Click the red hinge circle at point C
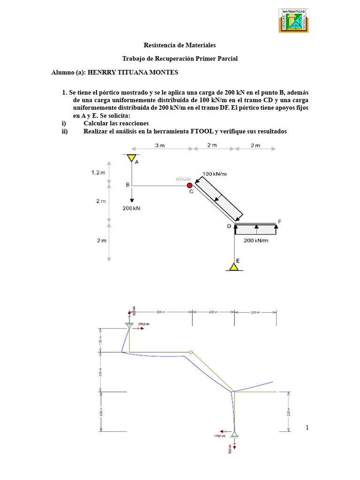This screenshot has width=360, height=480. [x=190, y=186]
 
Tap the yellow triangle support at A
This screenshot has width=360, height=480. [x=132, y=157]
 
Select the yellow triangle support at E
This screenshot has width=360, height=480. [x=233, y=267]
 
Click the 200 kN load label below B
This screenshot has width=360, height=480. [x=131, y=208]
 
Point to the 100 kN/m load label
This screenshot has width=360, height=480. [x=214, y=174]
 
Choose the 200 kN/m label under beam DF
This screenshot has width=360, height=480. [x=256, y=240]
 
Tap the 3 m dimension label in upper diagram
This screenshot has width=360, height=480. [x=160, y=145]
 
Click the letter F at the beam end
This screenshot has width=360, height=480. [x=279, y=221]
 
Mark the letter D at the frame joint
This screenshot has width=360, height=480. [x=229, y=226]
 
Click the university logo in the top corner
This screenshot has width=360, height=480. [x=295, y=20]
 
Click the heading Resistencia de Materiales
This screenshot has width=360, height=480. [x=180, y=45]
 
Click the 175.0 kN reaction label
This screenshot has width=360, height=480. [x=220, y=436]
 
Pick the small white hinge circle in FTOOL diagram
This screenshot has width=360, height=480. [x=191, y=352]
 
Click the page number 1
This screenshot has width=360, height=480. [x=307, y=427]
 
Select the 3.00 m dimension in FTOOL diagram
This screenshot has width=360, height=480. [x=160, y=312]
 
